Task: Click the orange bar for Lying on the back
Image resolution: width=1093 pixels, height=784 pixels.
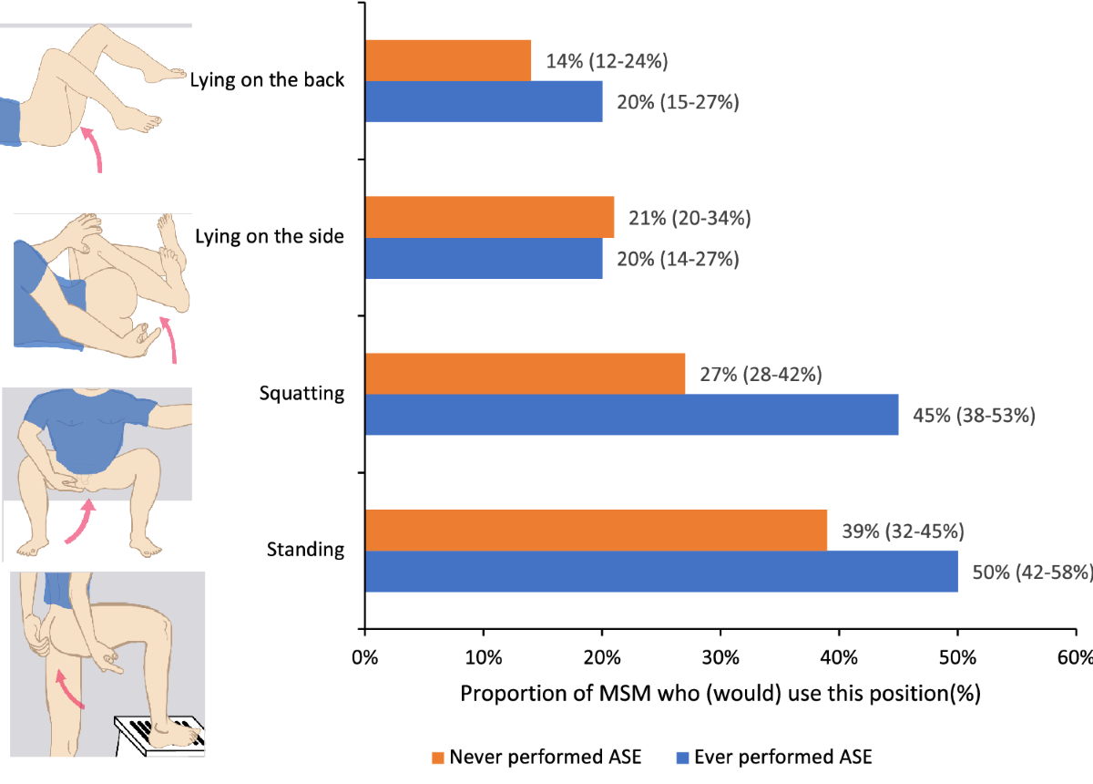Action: click(x=447, y=61)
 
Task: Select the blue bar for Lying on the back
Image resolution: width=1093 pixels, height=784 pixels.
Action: click(x=483, y=101)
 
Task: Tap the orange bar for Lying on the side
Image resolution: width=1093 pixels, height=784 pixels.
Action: click(x=489, y=218)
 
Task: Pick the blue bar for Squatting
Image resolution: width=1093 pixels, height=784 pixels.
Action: click(x=631, y=415)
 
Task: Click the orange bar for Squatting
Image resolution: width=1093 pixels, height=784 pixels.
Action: click(x=525, y=375)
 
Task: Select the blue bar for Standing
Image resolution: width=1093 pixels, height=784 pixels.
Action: click(x=660, y=572)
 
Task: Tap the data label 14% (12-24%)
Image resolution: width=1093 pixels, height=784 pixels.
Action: click(x=608, y=62)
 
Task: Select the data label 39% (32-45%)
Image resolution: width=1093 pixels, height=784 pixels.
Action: click(x=904, y=531)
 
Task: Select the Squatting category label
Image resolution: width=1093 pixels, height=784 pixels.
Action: click(x=301, y=394)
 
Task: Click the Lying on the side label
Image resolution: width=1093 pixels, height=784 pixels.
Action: click(x=270, y=237)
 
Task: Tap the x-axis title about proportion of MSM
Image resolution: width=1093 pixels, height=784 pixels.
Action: click(x=720, y=693)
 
